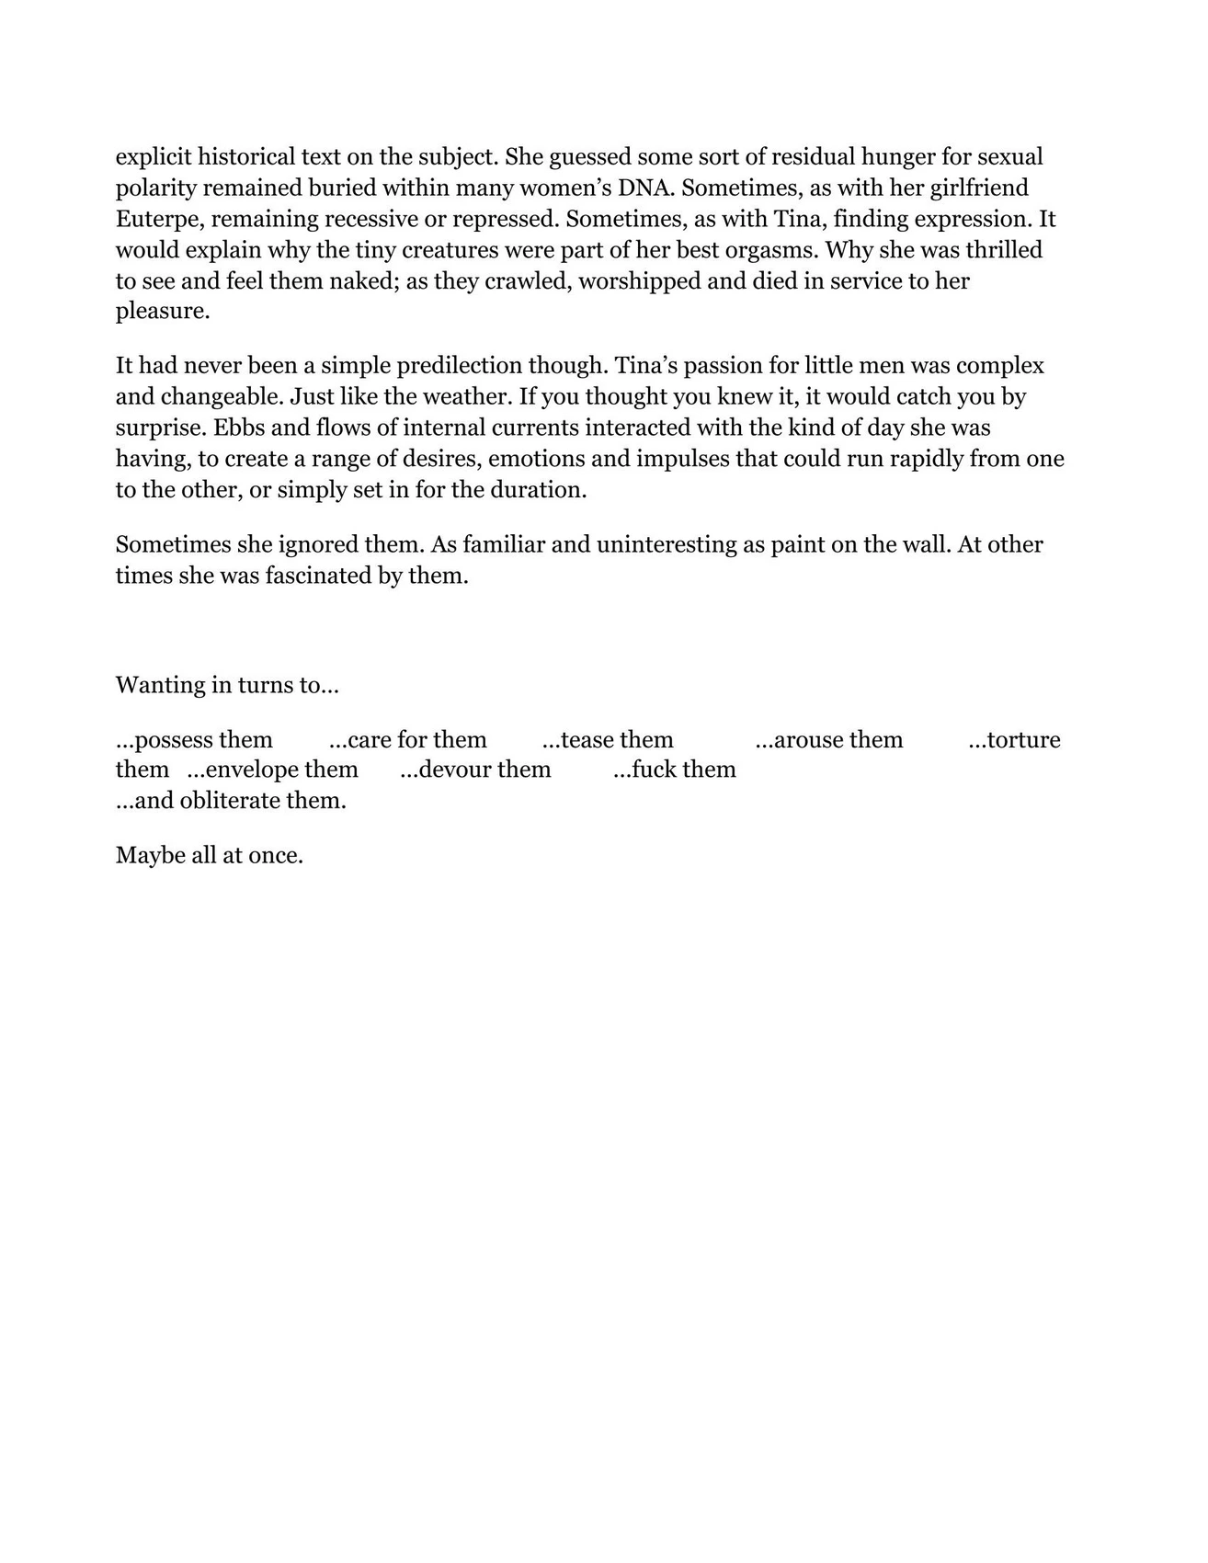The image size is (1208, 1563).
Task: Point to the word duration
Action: [538, 490]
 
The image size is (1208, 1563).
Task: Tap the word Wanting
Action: [157, 686]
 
